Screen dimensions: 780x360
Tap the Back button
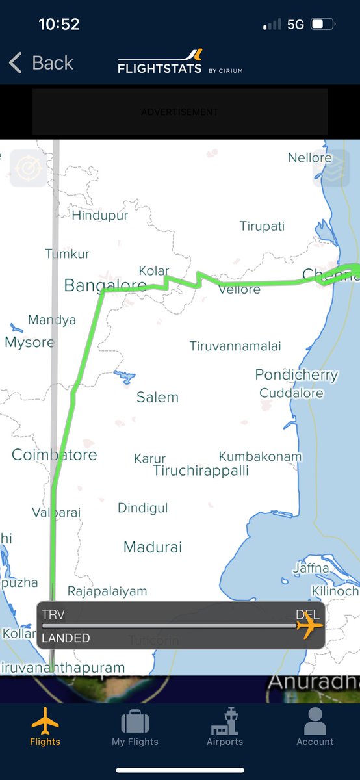pyautogui.click(x=41, y=63)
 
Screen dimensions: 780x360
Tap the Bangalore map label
pyautogui.click(x=105, y=285)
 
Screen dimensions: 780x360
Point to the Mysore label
pyautogui.click(x=29, y=342)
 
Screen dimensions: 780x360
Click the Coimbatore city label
pyautogui.click(x=54, y=455)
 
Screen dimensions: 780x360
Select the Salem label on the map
pyautogui.click(x=157, y=397)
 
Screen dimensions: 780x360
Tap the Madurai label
pyautogui.click(x=153, y=547)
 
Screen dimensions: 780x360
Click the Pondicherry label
pyautogui.click(x=296, y=374)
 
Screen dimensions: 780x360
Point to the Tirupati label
pyautogui.click(x=262, y=226)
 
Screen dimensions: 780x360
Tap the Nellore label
pyautogui.click(x=310, y=158)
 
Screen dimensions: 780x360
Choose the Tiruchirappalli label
pyautogui.click(x=201, y=471)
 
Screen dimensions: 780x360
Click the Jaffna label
pyautogui.click(x=311, y=568)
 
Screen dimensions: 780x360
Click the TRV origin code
pyautogui.click(x=53, y=614)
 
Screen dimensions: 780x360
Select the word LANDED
pyautogui.click(x=66, y=638)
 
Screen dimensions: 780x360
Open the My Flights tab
pyautogui.click(x=135, y=727)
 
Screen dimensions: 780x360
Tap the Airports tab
pyautogui.click(x=225, y=727)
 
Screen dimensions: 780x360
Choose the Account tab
pyautogui.click(x=315, y=727)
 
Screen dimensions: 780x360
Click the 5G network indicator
pyautogui.click(x=296, y=25)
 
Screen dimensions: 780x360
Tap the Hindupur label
pyautogui.click(x=100, y=215)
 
